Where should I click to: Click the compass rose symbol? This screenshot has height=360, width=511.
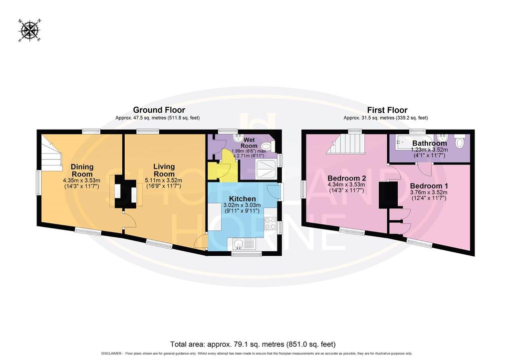pyautogui.click(x=29, y=30)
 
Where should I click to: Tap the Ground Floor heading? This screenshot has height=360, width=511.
pyautogui.click(x=159, y=110)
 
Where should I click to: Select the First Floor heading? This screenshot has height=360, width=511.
pyautogui.click(x=387, y=110)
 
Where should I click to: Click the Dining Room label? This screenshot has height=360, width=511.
pyautogui.click(x=82, y=170)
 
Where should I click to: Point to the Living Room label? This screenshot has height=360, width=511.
pyautogui.click(x=164, y=170)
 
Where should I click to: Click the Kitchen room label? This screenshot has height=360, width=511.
pyautogui.click(x=242, y=199)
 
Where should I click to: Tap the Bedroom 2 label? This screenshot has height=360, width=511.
pyautogui.click(x=347, y=179)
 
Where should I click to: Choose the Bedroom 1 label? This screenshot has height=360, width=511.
pyautogui.click(x=429, y=186)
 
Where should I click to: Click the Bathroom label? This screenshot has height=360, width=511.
pyautogui.click(x=430, y=143)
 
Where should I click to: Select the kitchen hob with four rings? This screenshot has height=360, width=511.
pyautogui.click(x=270, y=224)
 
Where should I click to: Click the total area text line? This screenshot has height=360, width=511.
pyautogui.click(x=253, y=344)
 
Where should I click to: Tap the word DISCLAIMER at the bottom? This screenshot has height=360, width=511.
pyautogui.click(x=112, y=354)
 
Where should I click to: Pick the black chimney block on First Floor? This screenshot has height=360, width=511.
pyautogui.click(x=388, y=195)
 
